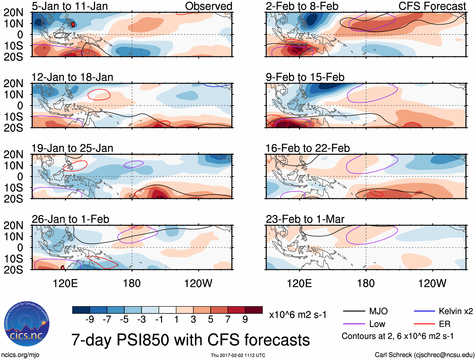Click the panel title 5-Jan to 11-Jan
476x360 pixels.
click(x=70, y=6)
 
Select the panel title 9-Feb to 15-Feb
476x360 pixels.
click(x=305, y=77)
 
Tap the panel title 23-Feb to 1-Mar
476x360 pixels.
click(x=305, y=219)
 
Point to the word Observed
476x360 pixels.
click(x=208, y=6)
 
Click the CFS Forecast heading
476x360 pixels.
click(x=432, y=6)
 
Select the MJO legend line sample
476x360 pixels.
click(x=354, y=311)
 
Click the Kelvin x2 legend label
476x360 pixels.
click(x=456, y=311)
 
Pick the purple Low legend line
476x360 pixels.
click(x=354, y=324)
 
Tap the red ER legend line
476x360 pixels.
click(x=424, y=324)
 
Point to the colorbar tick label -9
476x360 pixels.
click(x=90, y=320)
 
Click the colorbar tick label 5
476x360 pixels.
click(x=211, y=320)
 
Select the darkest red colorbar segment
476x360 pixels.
click(x=254, y=310)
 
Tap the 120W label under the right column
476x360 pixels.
click(x=432, y=283)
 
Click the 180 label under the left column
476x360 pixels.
click(x=132, y=283)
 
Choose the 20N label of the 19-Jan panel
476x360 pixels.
click(x=13, y=154)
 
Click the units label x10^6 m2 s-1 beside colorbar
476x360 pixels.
click(x=298, y=315)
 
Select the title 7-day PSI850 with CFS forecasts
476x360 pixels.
click(x=190, y=340)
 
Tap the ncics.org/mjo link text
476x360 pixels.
click(x=20, y=355)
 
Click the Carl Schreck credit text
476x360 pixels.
click(x=424, y=355)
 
